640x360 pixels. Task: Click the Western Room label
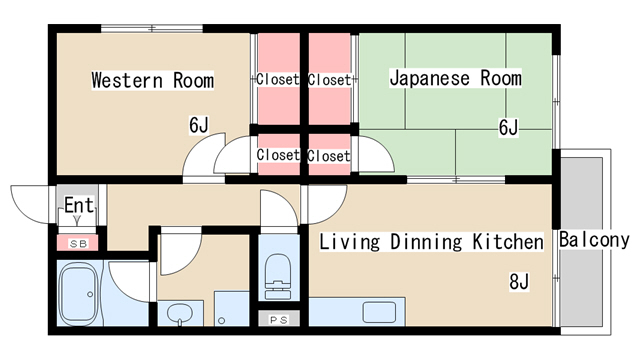[x=153, y=80]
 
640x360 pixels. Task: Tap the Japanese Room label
[x=456, y=78]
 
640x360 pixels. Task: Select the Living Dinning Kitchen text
[x=431, y=241]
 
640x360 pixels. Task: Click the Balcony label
[x=594, y=240]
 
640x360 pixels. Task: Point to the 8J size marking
[x=519, y=282]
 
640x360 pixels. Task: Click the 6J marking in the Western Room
[x=199, y=125]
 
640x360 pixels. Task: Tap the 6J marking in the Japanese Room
[x=509, y=127]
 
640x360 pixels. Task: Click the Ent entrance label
[x=79, y=205]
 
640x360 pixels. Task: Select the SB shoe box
[x=77, y=243]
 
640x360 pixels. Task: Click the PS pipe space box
[x=279, y=319]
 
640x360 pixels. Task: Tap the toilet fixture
[x=278, y=276]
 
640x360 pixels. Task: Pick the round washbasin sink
[x=180, y=314]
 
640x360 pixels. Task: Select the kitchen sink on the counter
[x=379, y=312]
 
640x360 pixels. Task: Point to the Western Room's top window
[x=152, y=29]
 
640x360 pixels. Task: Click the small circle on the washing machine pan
[x=221, y=321]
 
